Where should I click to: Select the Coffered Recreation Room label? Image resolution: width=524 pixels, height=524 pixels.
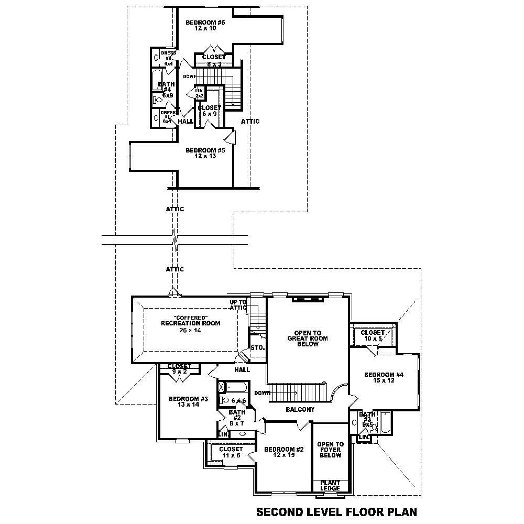click(x=190, y=321)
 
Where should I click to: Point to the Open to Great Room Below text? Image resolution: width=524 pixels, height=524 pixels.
click(x=308, y=339)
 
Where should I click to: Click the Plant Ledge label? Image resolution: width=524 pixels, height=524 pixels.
click(x=330, y=486)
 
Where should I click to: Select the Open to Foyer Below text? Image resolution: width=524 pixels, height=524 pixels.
click(x=330, y=450)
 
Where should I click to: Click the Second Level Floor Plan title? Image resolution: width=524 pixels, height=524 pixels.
click(x=336, y=511)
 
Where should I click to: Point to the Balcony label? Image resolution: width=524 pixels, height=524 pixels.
click(x=300, y=409)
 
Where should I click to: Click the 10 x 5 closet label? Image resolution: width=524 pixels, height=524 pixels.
click(x=373, y=335)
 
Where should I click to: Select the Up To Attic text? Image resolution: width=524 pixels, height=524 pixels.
click(x=238, y=305)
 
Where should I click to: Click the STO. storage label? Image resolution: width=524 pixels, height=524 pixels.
click(x=257, y=347)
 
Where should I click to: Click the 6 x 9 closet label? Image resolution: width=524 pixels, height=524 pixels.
click(x=209, y=111)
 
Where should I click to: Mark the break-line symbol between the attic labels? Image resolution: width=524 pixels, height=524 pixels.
click(x=175, y=240)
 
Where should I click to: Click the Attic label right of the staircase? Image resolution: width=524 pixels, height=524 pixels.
click(x=250, y=122)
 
